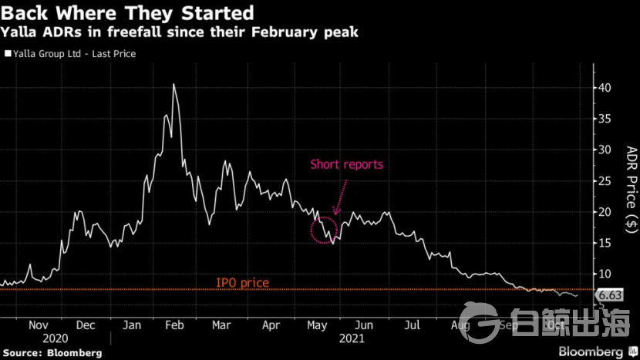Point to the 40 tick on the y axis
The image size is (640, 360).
coord(608,88)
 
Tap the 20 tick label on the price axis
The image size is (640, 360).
coord(608,212)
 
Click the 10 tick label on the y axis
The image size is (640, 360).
coord(608,274)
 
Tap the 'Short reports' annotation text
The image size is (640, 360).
coord(346,164)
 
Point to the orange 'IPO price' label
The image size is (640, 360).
coord(242,283)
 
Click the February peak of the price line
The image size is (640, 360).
coord(173,85)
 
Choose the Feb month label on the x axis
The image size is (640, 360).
coord(176,325)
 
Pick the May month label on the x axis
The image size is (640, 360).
coord(317,325)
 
